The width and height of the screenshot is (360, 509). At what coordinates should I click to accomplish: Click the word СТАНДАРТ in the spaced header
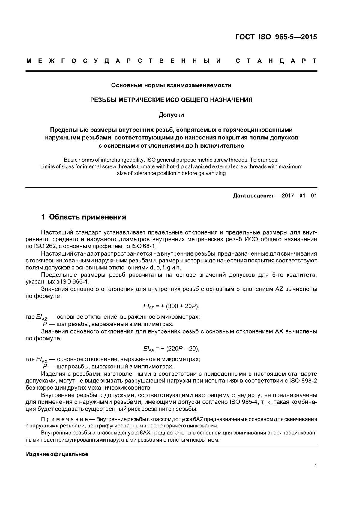[276, 61]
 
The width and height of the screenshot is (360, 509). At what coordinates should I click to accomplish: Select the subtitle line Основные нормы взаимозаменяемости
[171, 85]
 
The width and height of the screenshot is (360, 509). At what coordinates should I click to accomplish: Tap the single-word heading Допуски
[171, 115]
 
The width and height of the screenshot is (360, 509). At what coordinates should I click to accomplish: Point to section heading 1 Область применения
[83, 217]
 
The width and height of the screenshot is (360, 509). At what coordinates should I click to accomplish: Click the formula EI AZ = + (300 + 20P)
[171, 306]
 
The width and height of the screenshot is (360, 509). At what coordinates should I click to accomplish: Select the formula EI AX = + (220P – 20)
[171, 349]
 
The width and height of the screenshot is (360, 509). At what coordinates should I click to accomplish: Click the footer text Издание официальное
[57, 454]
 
